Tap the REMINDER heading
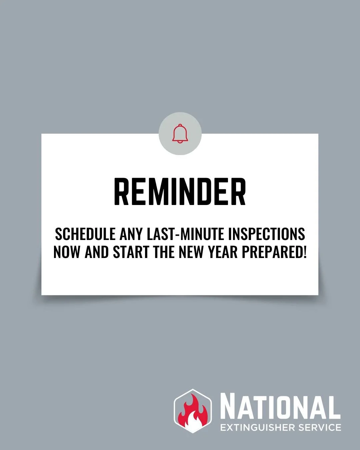[180, 192]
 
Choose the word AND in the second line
[97, 252]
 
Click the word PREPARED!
[273, 252]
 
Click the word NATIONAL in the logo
[280, 407]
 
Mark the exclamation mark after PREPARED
[304, 252]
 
